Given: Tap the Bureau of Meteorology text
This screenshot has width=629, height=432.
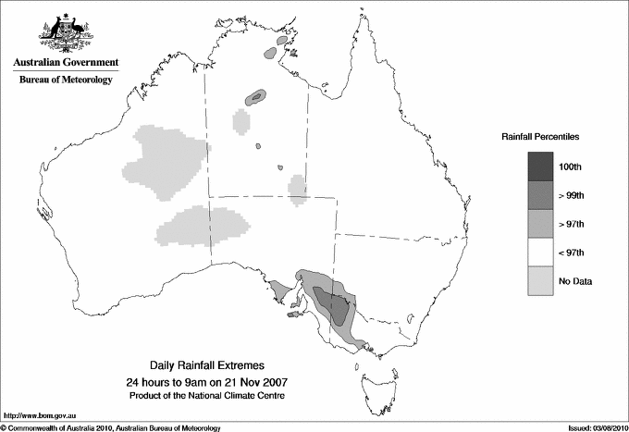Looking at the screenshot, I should click(66, 80).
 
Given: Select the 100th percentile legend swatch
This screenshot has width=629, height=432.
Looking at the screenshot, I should click(541, 166).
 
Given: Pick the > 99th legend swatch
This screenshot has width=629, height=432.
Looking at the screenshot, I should click(541, 194).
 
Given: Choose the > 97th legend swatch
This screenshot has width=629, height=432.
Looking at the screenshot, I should click(541, 223).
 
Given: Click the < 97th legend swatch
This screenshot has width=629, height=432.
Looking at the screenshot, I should click(541, 252).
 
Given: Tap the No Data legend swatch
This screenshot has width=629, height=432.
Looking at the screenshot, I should click(541, 280).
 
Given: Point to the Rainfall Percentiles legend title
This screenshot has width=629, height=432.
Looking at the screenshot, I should click(540, 136).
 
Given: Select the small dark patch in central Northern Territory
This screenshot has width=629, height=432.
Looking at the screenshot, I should click(255, 96).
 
